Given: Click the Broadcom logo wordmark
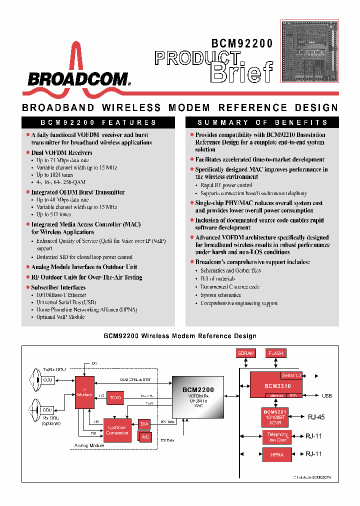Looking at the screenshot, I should coord(78,78).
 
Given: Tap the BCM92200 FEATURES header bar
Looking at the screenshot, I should coord(98,122).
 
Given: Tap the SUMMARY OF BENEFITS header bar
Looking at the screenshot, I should coord(262,122).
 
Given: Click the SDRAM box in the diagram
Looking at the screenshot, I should coord(246,353).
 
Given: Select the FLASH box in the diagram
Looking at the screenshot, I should coord(275,353).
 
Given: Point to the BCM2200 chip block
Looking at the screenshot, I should coord(198,397).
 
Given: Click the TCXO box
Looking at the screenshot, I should coord(115,397).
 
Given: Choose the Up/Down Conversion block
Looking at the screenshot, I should coord(117,429).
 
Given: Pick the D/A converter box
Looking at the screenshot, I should coord(144,424).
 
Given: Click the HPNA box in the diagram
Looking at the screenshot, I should coord(277,455).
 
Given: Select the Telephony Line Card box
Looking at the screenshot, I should coord(277,437).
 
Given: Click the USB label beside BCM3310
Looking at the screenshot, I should coord(326,396).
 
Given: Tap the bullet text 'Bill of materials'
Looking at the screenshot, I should coord(218,279).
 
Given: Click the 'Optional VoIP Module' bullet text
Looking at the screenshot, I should coord(60,317).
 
